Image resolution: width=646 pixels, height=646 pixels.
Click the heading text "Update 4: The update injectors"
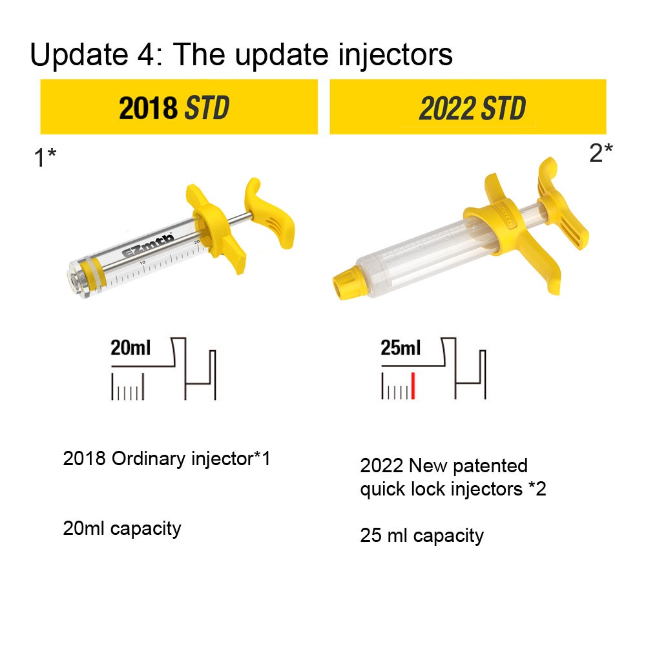(241, 55)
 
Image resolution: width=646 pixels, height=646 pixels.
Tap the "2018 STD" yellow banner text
(174, 108)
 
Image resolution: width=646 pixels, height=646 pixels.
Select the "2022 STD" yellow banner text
(472, 109)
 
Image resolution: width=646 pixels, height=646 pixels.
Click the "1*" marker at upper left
(45, 158)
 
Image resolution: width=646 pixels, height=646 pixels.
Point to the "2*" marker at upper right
(601, 153)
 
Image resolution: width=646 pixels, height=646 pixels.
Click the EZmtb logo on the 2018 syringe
(148, 245)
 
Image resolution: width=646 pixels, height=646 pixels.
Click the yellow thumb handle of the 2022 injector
(563, 205)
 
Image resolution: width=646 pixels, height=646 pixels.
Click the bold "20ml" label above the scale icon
(130, 348)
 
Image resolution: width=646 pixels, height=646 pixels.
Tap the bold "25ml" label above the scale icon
(401, 348)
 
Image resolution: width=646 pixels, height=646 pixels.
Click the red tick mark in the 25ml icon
(413, 386)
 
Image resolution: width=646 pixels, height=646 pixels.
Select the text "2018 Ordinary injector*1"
(167, 459)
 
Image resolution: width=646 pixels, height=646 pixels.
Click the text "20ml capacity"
(122, 528)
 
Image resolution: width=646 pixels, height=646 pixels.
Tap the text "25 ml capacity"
(422, 536)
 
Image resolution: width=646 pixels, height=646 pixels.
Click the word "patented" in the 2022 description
(490, 466)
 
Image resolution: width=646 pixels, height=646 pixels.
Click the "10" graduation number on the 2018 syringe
(142, 262)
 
